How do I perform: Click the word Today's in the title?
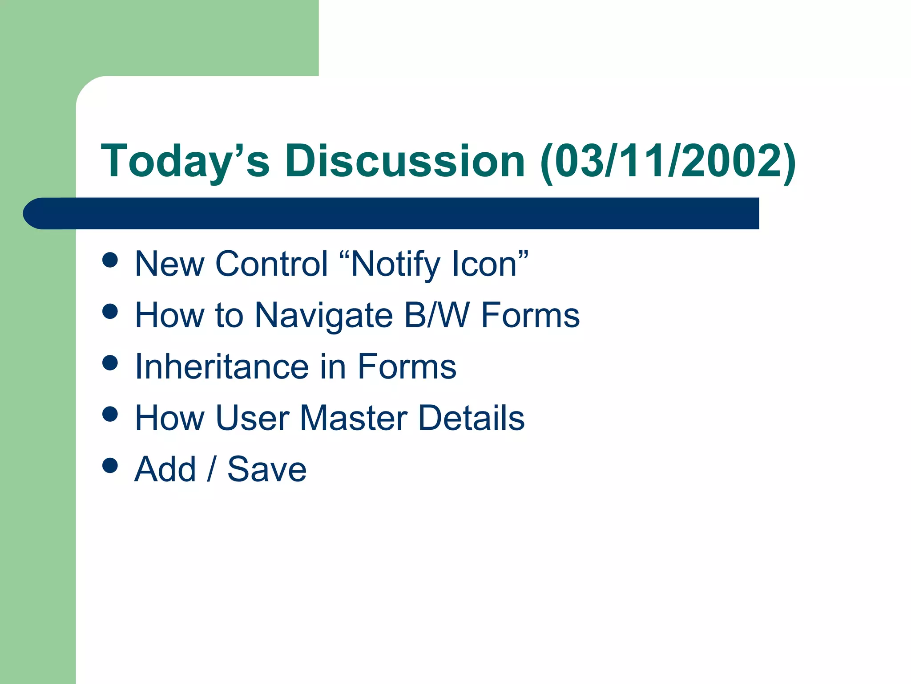pos(185,161)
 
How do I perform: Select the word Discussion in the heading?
pos(405,161)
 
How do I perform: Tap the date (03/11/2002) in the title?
pos(668,161)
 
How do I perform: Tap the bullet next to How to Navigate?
pos(110,311)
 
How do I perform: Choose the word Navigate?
pos(324,316)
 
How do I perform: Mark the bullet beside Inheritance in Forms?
pos(110,362)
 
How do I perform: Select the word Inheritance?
pos(222,367)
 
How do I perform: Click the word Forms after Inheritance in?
pos(407,367)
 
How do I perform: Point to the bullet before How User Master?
pos(110,414)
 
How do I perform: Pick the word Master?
pos(354,418)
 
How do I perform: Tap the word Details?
pos(472,418)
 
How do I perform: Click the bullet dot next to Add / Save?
pos(110,465)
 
